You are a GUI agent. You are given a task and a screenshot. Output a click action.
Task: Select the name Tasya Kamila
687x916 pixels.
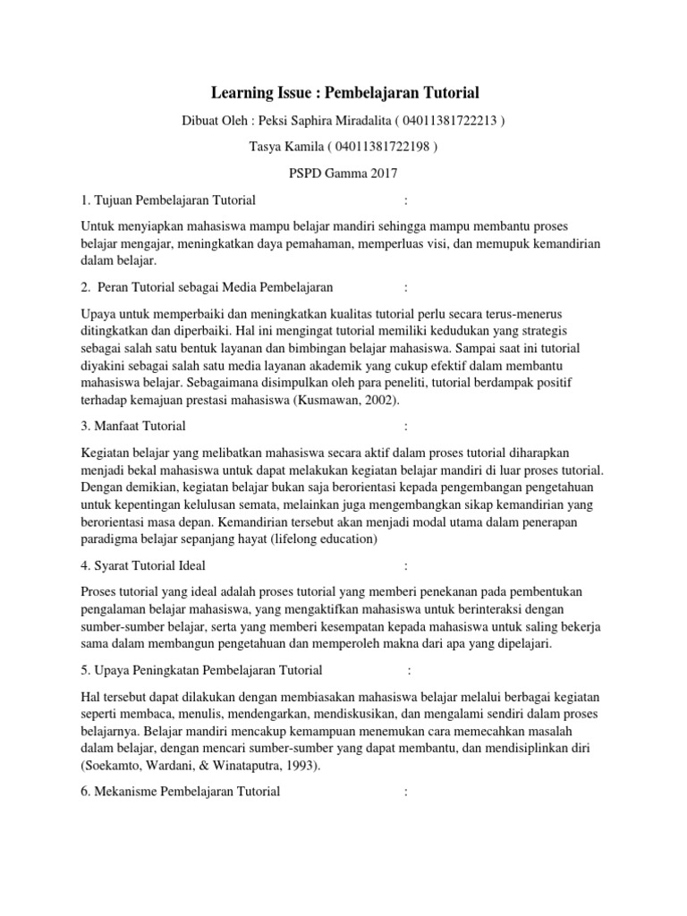click(x=285, y=147)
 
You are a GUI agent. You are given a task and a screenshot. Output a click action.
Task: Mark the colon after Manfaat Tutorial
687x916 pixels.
click(x=406, y=426)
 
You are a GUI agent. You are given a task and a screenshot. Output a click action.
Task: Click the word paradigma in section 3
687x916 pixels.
click(x=109, y=539)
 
